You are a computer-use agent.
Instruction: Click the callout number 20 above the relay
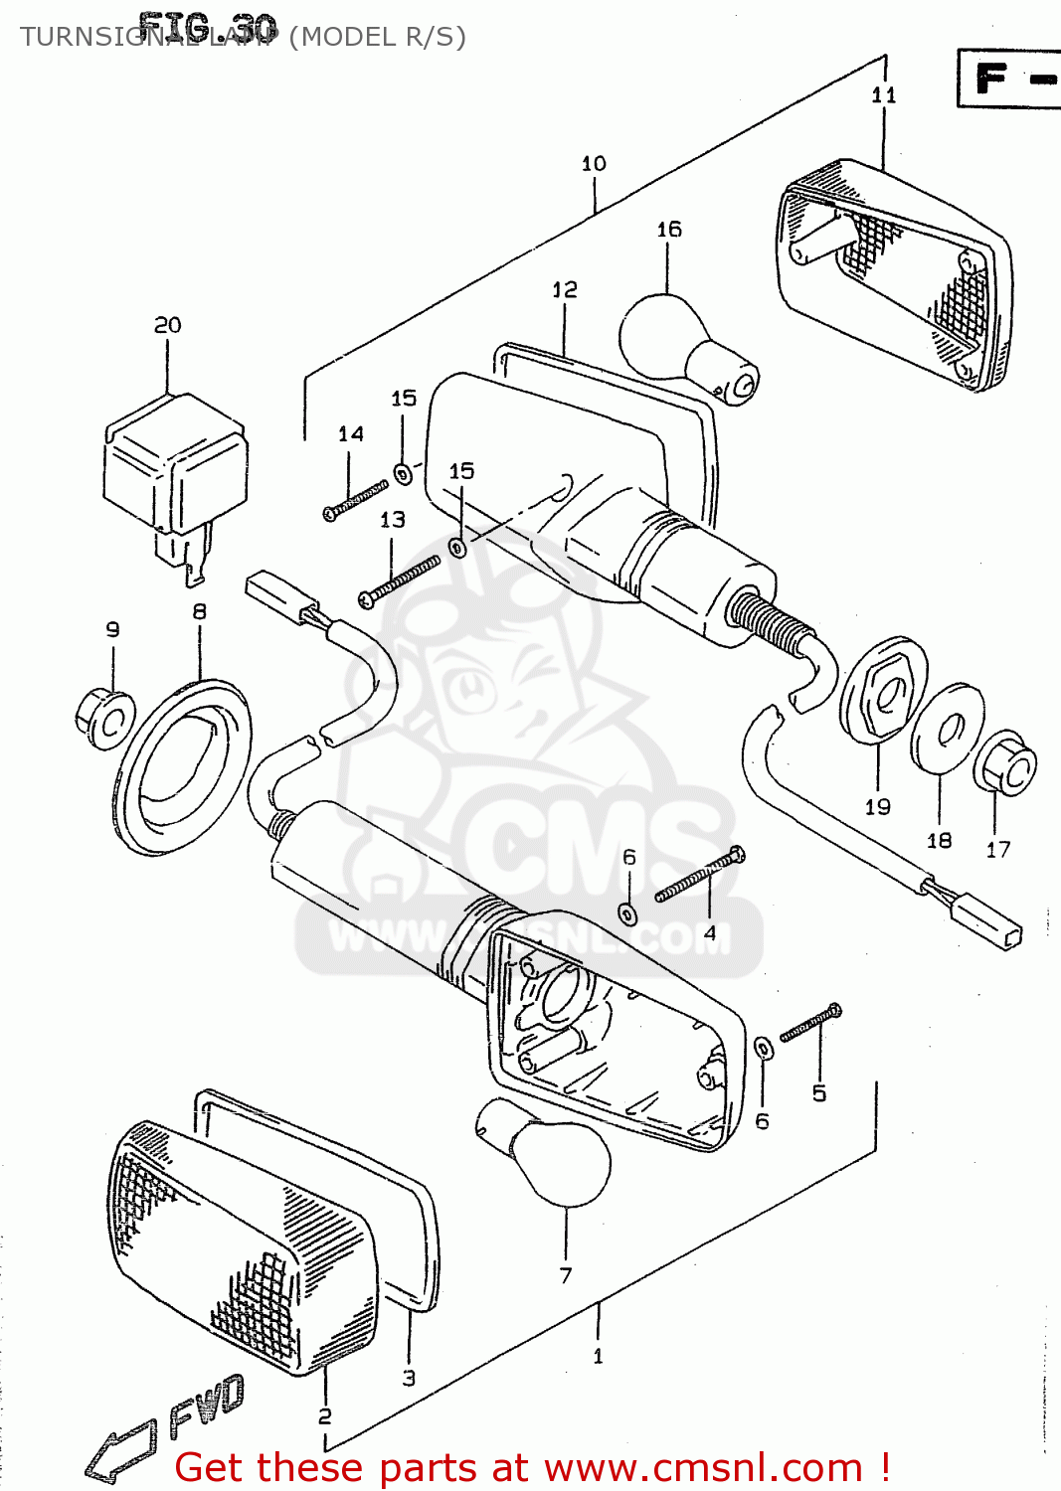click(x=167, y=325)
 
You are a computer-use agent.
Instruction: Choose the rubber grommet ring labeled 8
click(x=184, y=765)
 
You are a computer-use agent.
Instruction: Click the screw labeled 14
click(x=355, y=499)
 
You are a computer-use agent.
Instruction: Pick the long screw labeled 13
click(x=399, y=581)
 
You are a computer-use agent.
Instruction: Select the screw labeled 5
click(x=810, y=1023)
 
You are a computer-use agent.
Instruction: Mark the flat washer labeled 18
click(x=947, y=728)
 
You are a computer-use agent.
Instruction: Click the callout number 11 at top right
click(x=883, y=95)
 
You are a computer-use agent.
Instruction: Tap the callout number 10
click(x=594, y=164)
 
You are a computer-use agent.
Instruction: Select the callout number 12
click(x=564, y=289)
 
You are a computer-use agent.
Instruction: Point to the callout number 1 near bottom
click(x=598, y=1356)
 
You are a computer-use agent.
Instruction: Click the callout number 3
click(x=409, y=1378)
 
